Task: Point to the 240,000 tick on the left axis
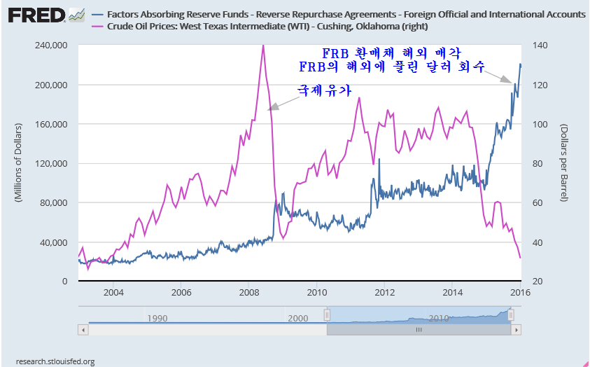click(50, 46)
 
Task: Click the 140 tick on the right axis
click(540, 46)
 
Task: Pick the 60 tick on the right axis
click(538, 203)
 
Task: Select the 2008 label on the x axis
click(248, 292)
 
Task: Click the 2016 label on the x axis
click(521, 292)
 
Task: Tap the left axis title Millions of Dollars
click(19, 163)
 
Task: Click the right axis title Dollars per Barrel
click(563, 163)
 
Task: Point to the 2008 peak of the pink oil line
click(262, 45)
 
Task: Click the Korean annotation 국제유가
click(324, 90)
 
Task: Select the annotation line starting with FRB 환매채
click(392, 53)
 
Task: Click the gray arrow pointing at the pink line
click(283, 104)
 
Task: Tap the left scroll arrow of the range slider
click(83, 330)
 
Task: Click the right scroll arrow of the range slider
click(517, 330)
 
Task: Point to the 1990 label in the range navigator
click(157, 319)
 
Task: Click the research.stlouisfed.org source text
click(55, 361)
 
